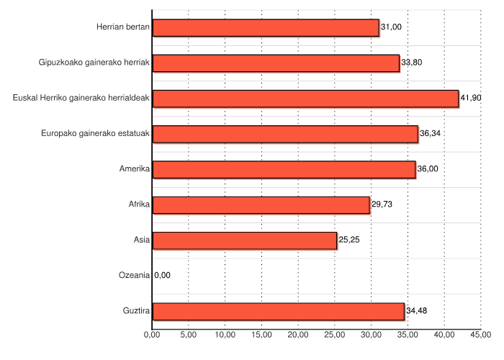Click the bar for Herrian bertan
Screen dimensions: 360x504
pyautogui.click(x=266, y=27)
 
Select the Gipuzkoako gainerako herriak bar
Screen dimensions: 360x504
pyautogui.click(x=276, y=63)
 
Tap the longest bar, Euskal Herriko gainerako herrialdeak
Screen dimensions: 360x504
pyautogui.click(x=305, y=98)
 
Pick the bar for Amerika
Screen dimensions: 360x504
pyautogui.click(x=284, y=169)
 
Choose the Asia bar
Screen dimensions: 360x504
pyautogui.click(x=245, y=240)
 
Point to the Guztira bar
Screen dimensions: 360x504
pyautogui.click(x=279, y=311)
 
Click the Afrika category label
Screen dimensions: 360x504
pyautogui.click(x=138, y=204)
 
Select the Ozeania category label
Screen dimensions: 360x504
pyautogui.click(x=134, y=275)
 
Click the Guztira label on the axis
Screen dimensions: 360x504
pyautogui.click(x=136, y=311)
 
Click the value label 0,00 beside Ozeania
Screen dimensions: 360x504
pyautogui.click(x=162, y=275)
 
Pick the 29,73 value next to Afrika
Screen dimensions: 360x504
pyautogui.click(x=382, y=204)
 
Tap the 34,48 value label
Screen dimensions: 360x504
pyautogui.click(x=416, y=311)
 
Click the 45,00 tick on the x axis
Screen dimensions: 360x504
pyautogui.click(x=480, y=335)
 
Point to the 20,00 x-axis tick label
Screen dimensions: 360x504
pyautogui.click(x=298, y=335)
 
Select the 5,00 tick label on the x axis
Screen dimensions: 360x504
pyautogui.click(x=188, y=335)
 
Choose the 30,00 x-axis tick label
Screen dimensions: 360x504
pyautogui.click(x=371, y=335)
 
